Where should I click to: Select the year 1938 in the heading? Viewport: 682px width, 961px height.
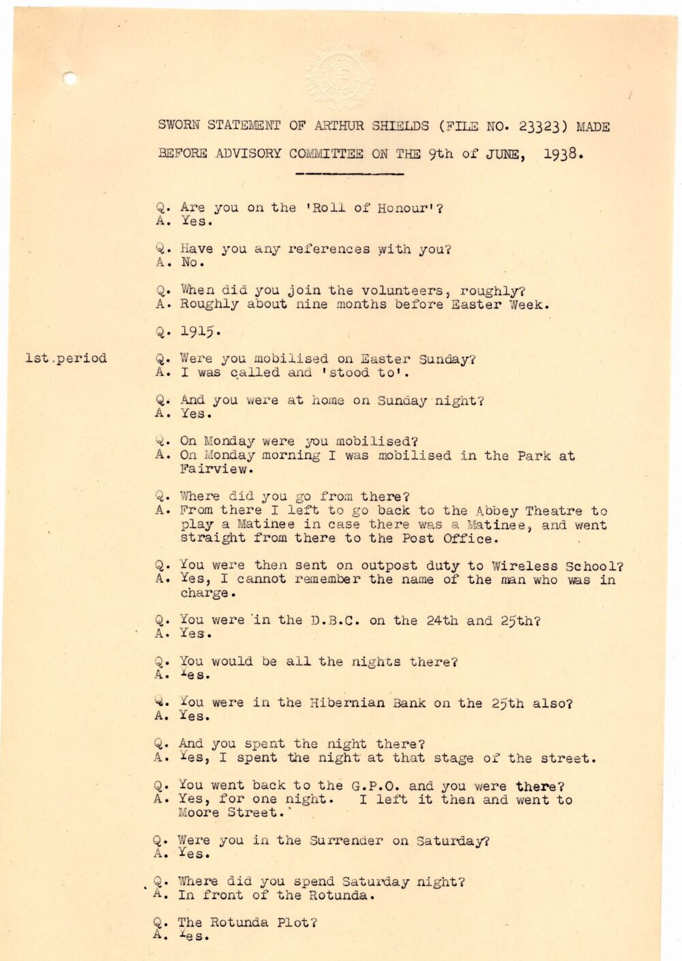point(563,153)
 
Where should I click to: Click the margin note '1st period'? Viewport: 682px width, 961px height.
point(66,358)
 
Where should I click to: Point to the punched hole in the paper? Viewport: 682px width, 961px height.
point(70,78)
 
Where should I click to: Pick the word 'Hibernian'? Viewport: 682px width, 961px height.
point(347,703)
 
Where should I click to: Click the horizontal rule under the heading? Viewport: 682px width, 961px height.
point(350,174)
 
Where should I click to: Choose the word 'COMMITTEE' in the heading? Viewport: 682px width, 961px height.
point(326,153)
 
